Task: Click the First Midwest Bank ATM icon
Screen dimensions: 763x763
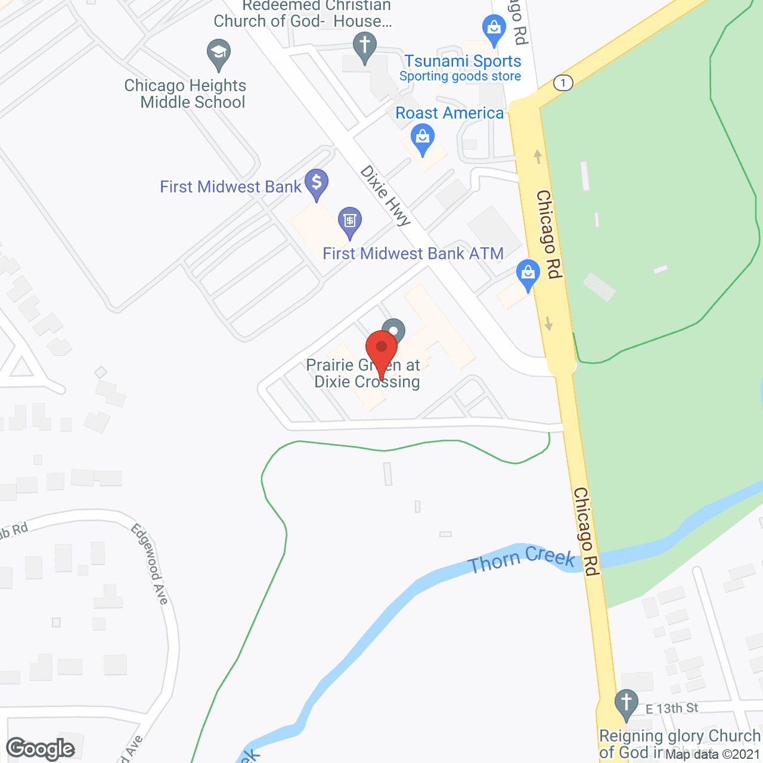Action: (349, 221)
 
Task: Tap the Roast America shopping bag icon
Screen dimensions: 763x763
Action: (423, 138)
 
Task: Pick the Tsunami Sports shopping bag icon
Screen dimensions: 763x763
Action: (494, 29)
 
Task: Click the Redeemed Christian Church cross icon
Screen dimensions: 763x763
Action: (365, 46)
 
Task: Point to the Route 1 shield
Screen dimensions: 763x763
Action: (563, 82)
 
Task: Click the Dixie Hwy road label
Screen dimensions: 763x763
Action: (386, 196)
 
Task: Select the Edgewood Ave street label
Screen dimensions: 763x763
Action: (150, 563)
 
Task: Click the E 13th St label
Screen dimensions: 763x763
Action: (672, 708)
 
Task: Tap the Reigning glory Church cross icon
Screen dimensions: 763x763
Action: (626, 703)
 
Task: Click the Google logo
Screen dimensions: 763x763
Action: (41, 749)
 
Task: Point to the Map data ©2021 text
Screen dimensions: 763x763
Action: (713, 755)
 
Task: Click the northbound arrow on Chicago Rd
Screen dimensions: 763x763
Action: (538, 157)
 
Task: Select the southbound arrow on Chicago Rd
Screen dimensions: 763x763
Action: (548, 323)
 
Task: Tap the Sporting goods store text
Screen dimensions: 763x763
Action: (460, 76)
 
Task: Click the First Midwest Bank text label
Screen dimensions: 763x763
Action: (231, 187)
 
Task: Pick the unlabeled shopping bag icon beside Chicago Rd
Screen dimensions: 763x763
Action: (528, 274)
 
